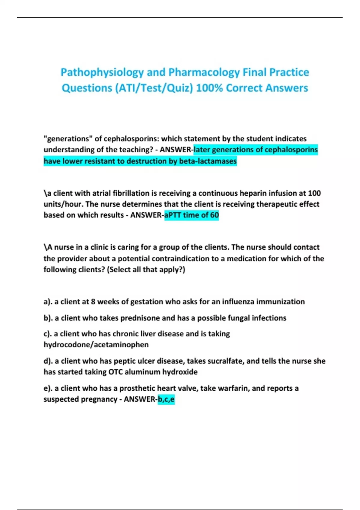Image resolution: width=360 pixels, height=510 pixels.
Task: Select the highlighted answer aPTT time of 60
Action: click(x=191, y=215)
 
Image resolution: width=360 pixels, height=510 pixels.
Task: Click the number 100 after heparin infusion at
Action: click(x=314, y=193)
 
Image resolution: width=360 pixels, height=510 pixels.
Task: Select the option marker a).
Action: click(x=48, y=302)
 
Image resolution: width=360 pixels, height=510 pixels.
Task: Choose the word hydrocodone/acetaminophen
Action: click(x=96, y=345)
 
